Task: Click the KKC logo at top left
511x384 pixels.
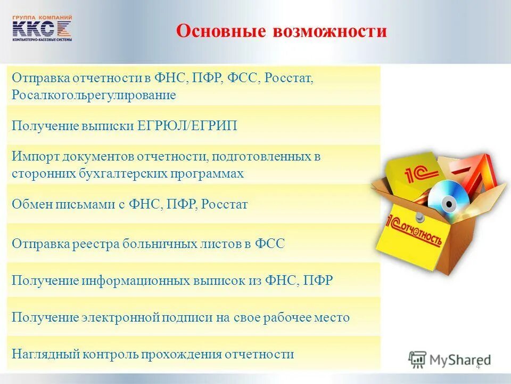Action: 42,28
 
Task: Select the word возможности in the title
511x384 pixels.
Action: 329,30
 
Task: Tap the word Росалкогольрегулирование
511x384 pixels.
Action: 93,95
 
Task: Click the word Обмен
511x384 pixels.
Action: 30,204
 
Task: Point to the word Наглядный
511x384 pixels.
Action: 39,354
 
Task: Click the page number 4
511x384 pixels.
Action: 477,366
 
